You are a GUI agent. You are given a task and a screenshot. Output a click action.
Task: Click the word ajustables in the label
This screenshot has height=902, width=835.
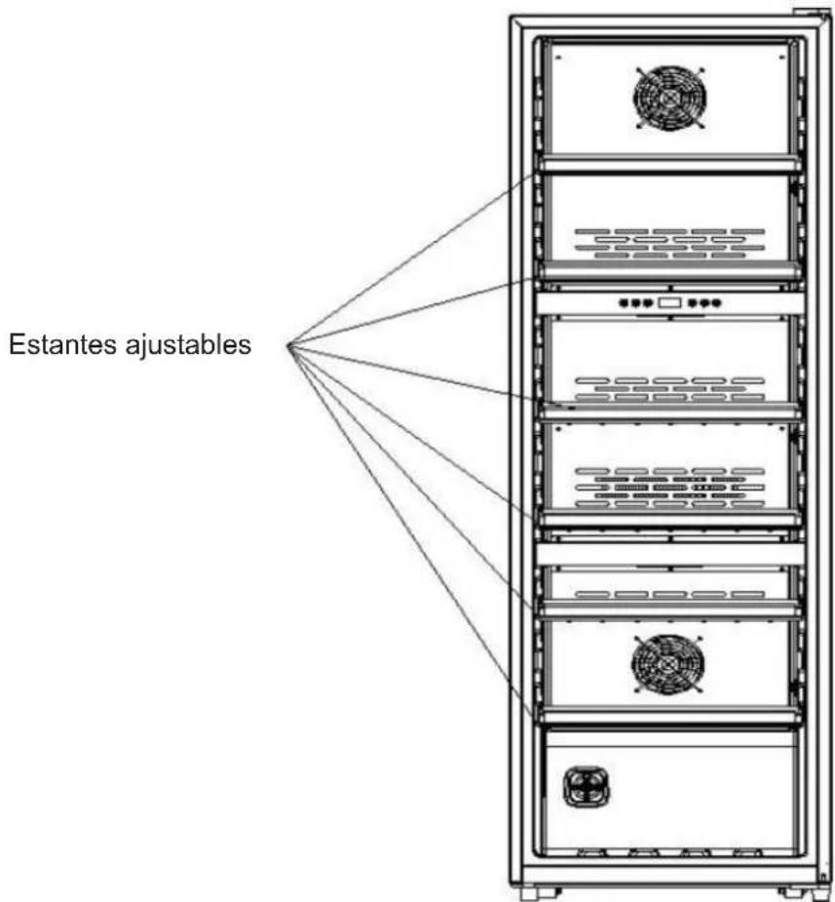click(188, 346)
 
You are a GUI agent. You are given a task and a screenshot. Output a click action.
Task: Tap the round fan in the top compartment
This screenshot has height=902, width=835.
click(669, 98)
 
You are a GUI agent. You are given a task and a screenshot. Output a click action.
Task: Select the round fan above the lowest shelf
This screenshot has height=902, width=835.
click(667, 664)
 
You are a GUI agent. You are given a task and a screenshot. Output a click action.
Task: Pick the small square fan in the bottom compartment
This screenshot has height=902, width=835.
click(587, 786)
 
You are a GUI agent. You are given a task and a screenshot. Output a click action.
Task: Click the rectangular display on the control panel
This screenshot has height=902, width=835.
click(669, 302)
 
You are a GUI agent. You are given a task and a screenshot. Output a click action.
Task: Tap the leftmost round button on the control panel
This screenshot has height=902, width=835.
click(625, 302)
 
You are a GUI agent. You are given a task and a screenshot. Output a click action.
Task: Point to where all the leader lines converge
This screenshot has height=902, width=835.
click(289, 345)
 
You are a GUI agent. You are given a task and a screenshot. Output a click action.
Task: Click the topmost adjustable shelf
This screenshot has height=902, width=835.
click(669, 165)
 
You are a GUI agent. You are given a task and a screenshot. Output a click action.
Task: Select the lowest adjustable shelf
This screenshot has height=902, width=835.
click(669, 715)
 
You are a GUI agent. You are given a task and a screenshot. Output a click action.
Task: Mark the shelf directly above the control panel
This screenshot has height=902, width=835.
click(669, 270)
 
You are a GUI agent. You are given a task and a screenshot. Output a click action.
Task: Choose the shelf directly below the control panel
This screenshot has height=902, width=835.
click(669, 411)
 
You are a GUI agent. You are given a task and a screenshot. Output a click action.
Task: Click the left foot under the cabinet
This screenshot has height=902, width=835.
click(539, 893)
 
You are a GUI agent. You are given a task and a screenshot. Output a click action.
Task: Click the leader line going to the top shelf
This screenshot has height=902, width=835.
click(412, 260)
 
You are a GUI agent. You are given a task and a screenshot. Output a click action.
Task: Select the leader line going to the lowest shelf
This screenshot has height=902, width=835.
click(411, 531)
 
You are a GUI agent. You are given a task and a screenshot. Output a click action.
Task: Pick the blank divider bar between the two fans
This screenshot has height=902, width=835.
click(669, 554)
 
